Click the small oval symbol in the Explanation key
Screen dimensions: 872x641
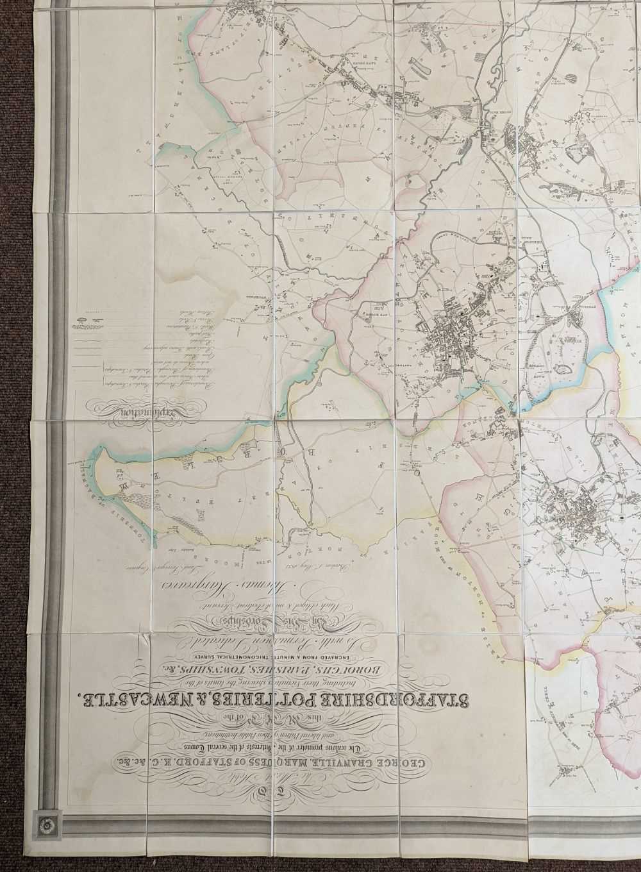[84, 319]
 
